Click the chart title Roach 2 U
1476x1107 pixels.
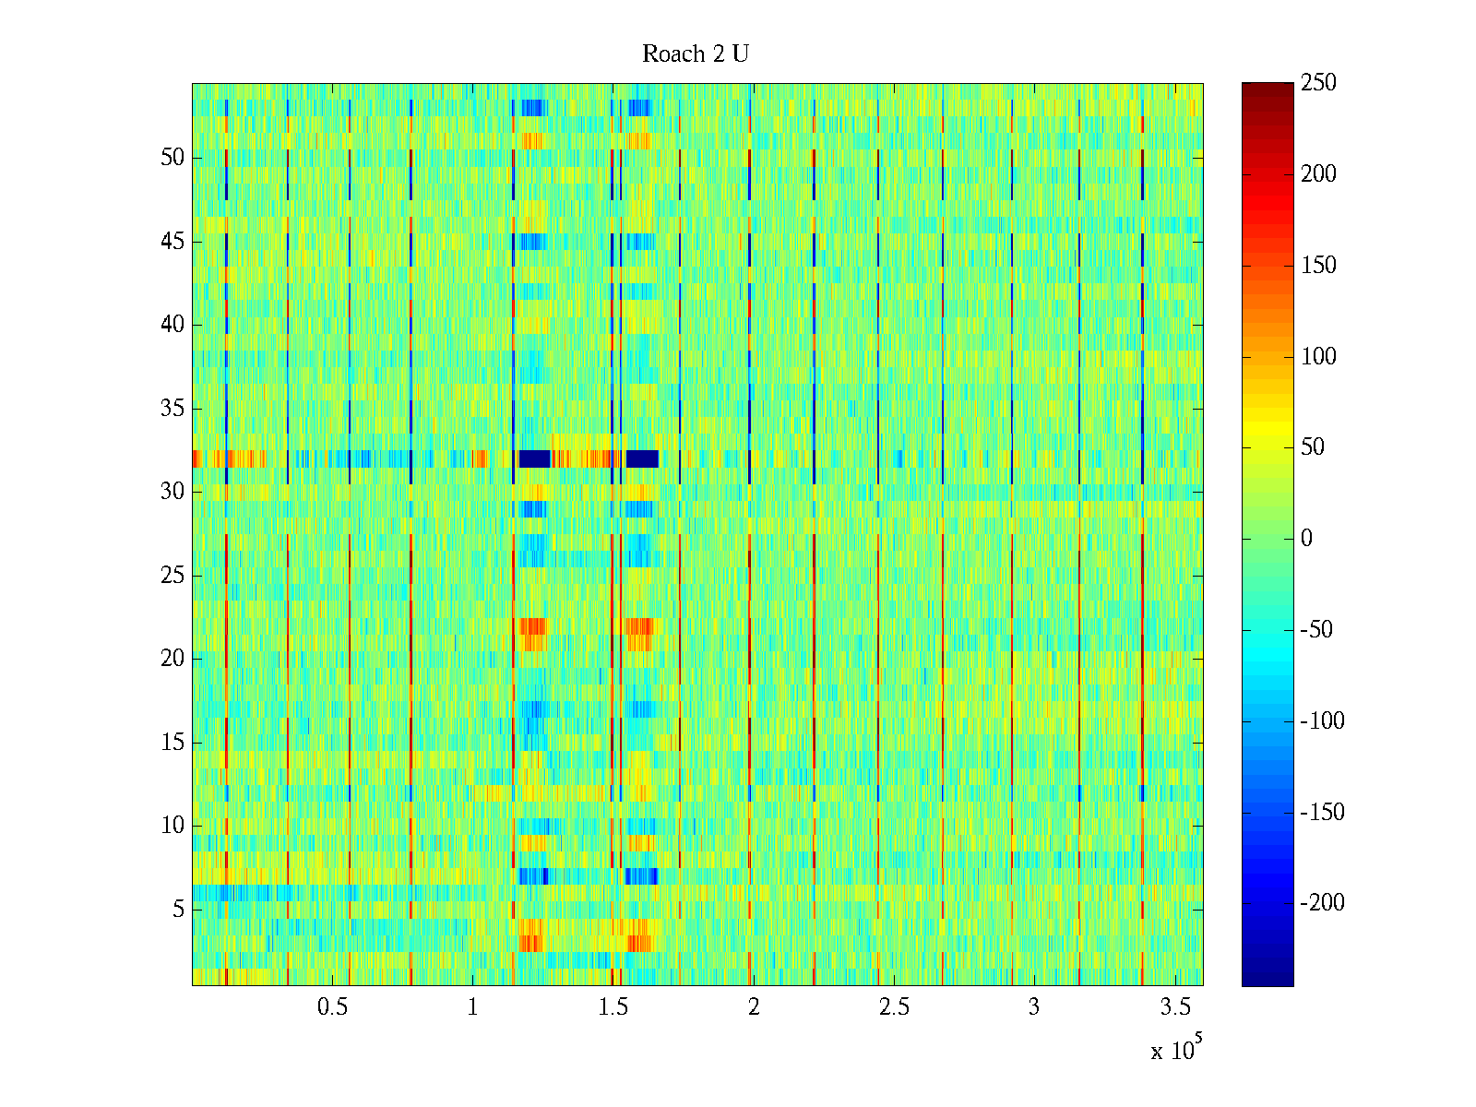tap(695, 54)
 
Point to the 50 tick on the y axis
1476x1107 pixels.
tap(173, 158)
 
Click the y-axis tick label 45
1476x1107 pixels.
tap(173, 242)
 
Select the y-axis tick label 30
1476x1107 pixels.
tap(173, 492)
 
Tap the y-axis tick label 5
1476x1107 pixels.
tap(178, 910)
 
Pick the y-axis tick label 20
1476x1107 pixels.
tap(173, 659)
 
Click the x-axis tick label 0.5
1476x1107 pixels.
tap(332, 1007)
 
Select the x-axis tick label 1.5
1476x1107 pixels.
tap(613, 1007)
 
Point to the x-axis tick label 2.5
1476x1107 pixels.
tap(894, 1007)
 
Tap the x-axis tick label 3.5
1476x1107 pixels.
tap(1174, 1007)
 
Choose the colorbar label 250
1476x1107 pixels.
tap(1318, 83)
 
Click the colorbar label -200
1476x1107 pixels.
tap(1322, 903)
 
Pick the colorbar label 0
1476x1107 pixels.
tap(1306, 539)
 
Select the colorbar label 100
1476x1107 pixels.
tap(1318, 357)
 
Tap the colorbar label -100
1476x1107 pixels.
tap(1322, 721)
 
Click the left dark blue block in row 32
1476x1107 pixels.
tap(534, 458)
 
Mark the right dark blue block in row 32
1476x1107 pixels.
tap(642, 458)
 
